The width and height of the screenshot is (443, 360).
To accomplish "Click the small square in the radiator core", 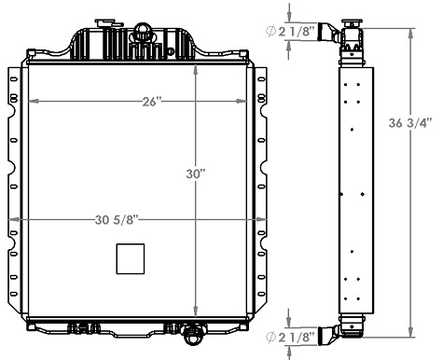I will pos(131,258).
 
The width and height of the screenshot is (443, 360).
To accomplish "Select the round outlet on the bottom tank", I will pos(193,333).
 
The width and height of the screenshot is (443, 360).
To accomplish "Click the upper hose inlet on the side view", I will pos(330,34).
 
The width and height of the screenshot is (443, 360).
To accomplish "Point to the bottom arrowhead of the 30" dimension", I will pos(195,314).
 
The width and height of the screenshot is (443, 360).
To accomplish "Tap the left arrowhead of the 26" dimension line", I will pos(31,101).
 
